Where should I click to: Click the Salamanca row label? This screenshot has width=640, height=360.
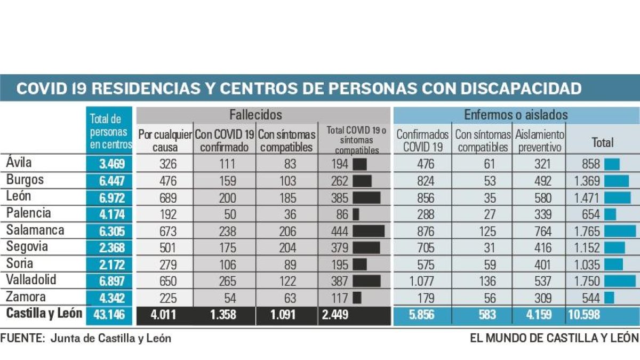[35, 230]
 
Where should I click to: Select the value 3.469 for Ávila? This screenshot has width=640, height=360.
[112, 164]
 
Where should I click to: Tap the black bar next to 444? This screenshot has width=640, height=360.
[369, 231]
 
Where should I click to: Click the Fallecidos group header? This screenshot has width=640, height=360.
[256, 115]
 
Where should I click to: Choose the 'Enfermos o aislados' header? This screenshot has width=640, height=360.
[516, 115]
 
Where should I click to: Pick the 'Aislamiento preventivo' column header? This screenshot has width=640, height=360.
[539, 141]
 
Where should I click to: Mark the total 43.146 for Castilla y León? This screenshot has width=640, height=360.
[109, 314]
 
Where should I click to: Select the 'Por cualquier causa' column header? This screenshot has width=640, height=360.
[165, 141]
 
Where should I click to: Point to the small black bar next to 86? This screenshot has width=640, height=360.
[356, 214]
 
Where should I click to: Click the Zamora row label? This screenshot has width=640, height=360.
[26, 297]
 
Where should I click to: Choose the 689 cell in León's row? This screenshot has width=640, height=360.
[165, 198]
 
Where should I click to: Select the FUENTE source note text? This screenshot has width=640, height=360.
[86, 338]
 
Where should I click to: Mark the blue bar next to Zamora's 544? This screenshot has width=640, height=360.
[609, 297]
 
